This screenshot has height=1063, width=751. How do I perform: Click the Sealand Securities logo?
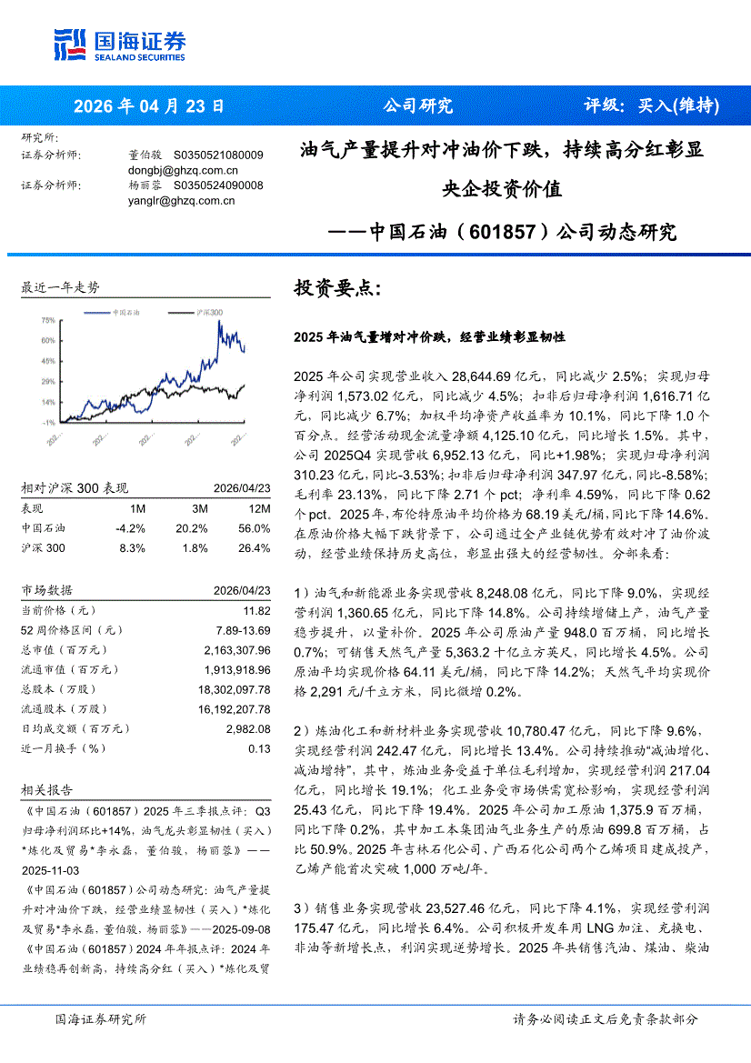coord(119,43)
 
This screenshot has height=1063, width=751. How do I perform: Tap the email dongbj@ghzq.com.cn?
coord(183,170)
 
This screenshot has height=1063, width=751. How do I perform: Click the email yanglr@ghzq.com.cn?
coord(182,201)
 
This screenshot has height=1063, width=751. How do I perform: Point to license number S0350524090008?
coord(218,186)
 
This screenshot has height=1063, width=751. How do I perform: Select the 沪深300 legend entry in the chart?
coord(209,312)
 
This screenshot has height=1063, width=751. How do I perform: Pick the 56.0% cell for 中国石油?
coord(254,528)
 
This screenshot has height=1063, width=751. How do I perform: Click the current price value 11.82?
coord(256,610)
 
